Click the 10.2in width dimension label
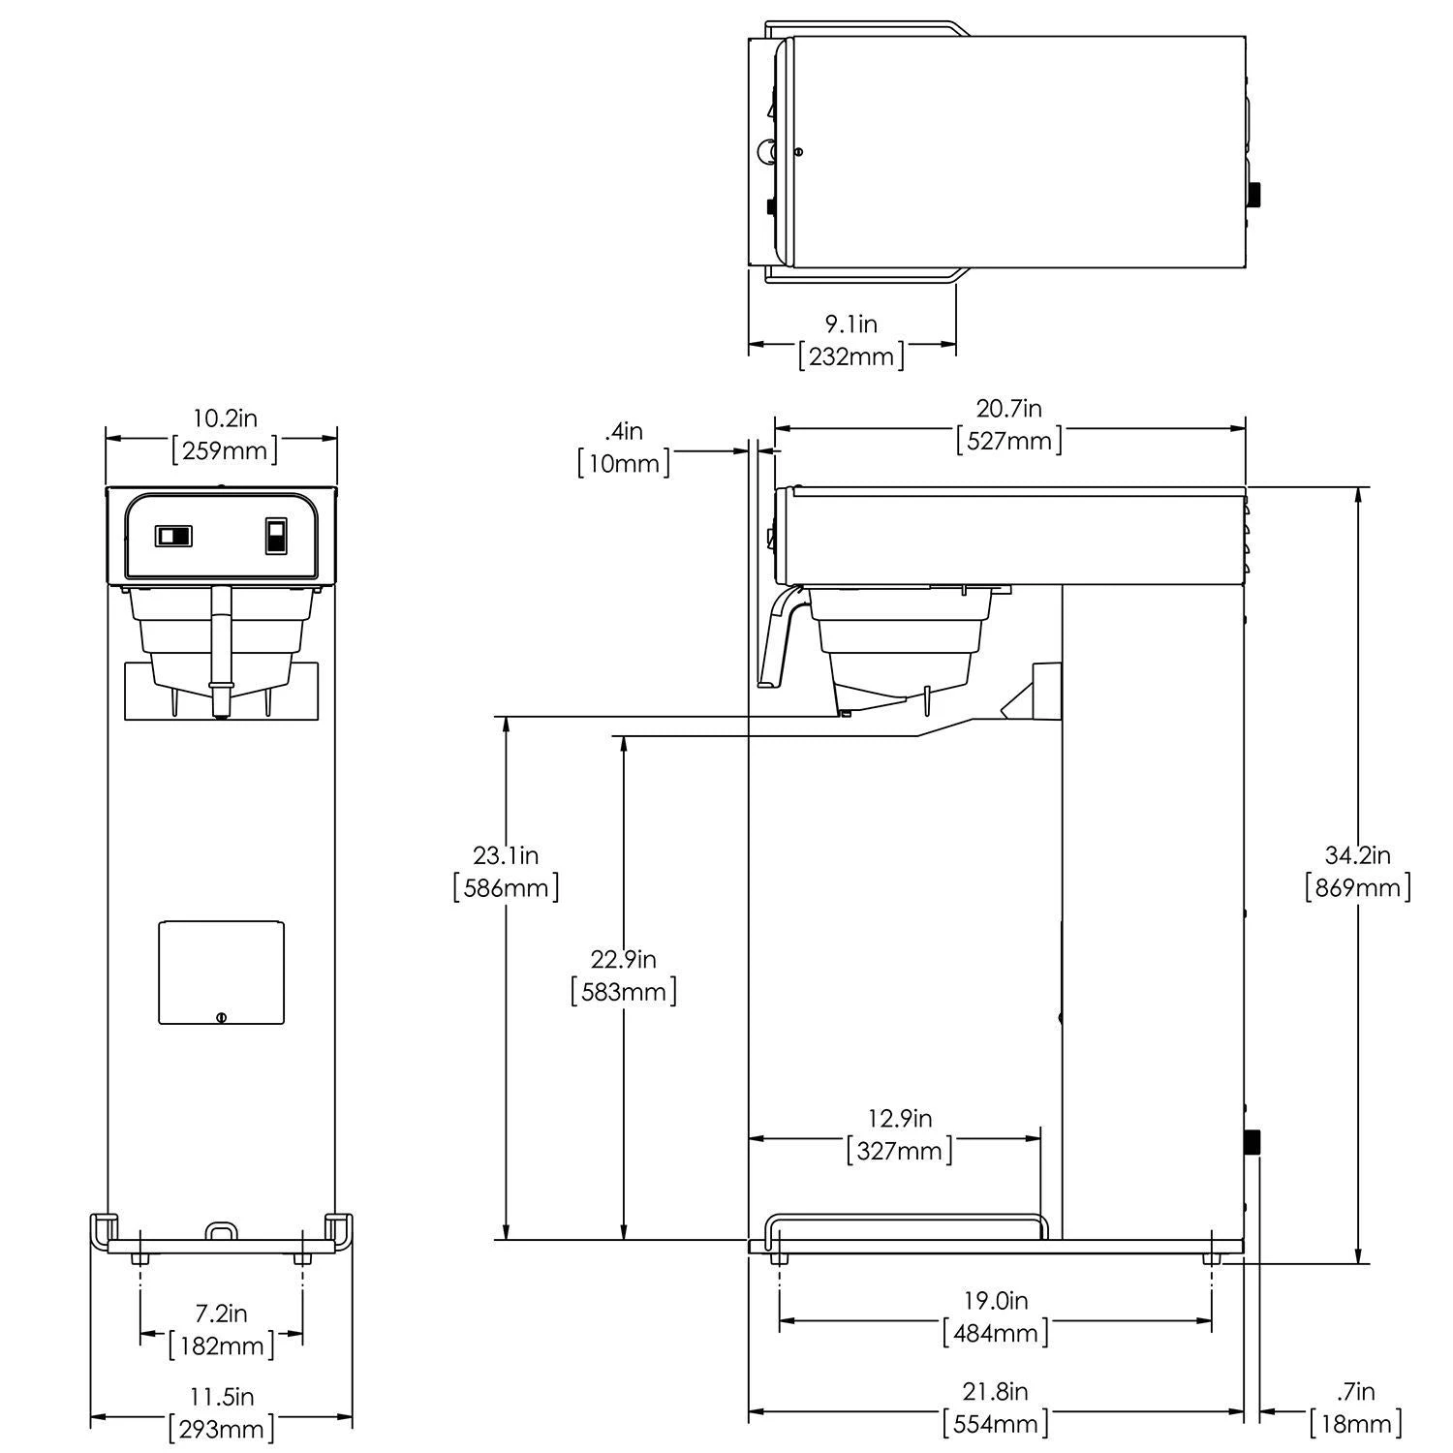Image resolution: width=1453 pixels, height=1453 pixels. coord(225,418)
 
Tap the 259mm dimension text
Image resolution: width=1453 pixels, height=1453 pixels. coord(225,450)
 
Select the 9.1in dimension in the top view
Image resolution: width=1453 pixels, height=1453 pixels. coord(851,324)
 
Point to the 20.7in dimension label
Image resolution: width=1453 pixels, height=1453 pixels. coord(1008,409)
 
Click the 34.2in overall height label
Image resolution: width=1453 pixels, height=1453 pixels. coord(1357,854)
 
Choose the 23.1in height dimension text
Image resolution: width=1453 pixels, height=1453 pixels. coord(506,854)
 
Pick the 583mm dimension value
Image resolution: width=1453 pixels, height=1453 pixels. coord(624,991)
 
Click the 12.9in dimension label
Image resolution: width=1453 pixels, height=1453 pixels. coord(899,1119)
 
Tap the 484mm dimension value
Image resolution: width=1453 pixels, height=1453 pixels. coord(996,1332)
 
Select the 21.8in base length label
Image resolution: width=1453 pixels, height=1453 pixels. coord(996,1392)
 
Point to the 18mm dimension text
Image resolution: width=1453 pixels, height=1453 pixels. coord(1356,1424)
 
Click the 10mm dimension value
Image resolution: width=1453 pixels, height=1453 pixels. coord(624,463)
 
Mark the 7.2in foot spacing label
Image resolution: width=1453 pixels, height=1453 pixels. coord(221,1314)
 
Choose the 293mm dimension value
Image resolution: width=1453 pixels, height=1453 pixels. coord(221,1428)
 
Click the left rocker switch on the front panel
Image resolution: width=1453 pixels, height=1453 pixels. coord(173,536)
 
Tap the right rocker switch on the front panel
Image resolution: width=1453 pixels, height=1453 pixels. coord(276,536)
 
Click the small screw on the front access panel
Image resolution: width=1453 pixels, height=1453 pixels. coord(222,1016)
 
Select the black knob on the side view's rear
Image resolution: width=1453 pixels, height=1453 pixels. coord(1252,1142)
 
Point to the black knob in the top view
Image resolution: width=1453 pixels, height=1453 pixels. coord(1255,194)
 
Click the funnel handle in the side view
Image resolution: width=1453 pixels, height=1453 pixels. coord(779,639)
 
